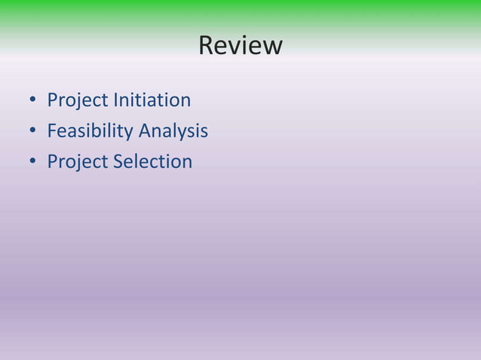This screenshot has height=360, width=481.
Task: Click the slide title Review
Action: [x=240, y=46]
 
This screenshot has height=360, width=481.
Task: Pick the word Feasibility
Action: [x=90, y=131]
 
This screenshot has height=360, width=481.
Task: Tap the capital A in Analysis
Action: [x=144, y=131]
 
